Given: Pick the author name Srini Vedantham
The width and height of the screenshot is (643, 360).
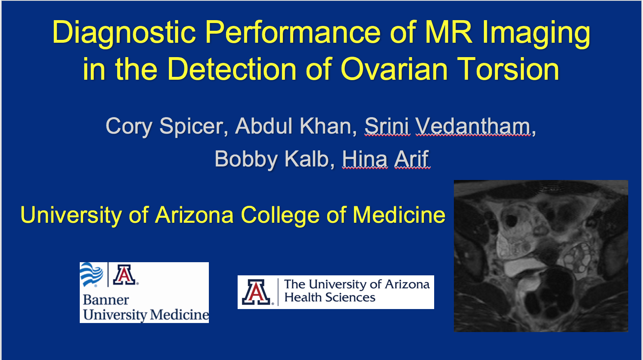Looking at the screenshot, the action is (448, 126).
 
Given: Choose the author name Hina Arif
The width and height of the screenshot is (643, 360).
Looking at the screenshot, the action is (386, 159).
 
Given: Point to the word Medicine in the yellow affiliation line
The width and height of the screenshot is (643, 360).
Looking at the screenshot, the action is (399, 215).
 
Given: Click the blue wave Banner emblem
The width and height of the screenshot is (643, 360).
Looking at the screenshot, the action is (91, 274).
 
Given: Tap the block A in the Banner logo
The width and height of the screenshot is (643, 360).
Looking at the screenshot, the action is (124, 275).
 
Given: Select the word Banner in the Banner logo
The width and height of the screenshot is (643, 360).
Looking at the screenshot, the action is (106, 300).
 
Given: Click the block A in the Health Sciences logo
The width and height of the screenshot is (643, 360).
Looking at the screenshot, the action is (256, 292).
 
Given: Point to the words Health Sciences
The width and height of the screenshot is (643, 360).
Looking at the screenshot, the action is (330, 298).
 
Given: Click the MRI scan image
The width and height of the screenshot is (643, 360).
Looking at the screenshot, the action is (541, 256).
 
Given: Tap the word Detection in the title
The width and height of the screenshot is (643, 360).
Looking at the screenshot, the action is (231, 69).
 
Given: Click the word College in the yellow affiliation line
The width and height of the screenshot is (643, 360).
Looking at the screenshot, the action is (280, 215).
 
